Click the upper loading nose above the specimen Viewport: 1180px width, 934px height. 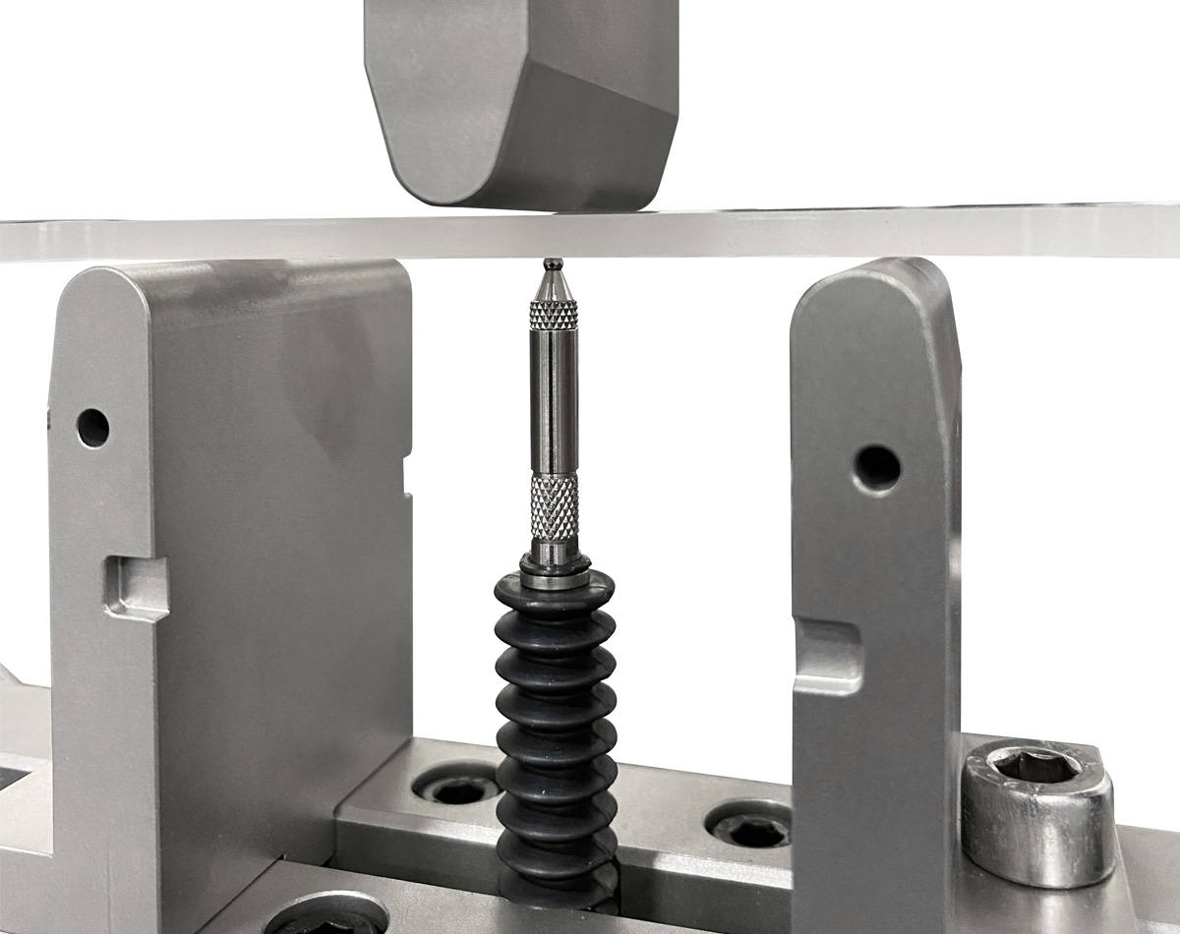coord(521,98)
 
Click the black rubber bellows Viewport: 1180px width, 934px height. coord(556,728)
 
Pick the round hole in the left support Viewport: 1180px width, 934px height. coord(93,427)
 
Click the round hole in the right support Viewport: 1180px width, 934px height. coord(877,468)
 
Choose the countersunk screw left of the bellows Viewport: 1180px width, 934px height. coord(457,788)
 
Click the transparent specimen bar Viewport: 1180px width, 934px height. coord(885,234)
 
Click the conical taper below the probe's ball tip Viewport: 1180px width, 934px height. coord(554,284)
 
